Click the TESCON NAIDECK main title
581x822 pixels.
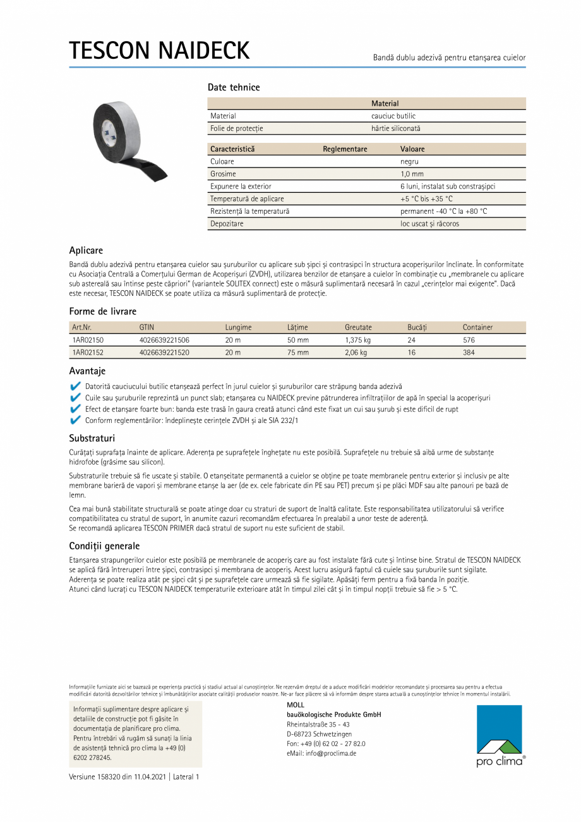(159, 51)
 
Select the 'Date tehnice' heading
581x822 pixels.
(234, 87)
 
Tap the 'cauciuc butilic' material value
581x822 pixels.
(393, 116)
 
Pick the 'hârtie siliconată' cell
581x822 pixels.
(395, 128)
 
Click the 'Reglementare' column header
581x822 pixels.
(345, 149)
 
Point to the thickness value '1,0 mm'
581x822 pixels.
(412, 174)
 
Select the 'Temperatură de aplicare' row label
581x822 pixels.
(247, 199)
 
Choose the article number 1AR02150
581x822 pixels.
(88, 340)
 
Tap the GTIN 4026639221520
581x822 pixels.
(164, 353)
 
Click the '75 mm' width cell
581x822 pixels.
(298, 353)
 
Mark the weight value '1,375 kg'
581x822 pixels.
(357, 340)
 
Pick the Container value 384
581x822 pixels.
(469, 353)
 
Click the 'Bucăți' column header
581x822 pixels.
(417, 328)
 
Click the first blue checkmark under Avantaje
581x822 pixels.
(76, 386)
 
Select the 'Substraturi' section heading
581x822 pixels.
(92, 438)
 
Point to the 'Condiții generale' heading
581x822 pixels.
(104, 546)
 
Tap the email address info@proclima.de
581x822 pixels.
(321, 753)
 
